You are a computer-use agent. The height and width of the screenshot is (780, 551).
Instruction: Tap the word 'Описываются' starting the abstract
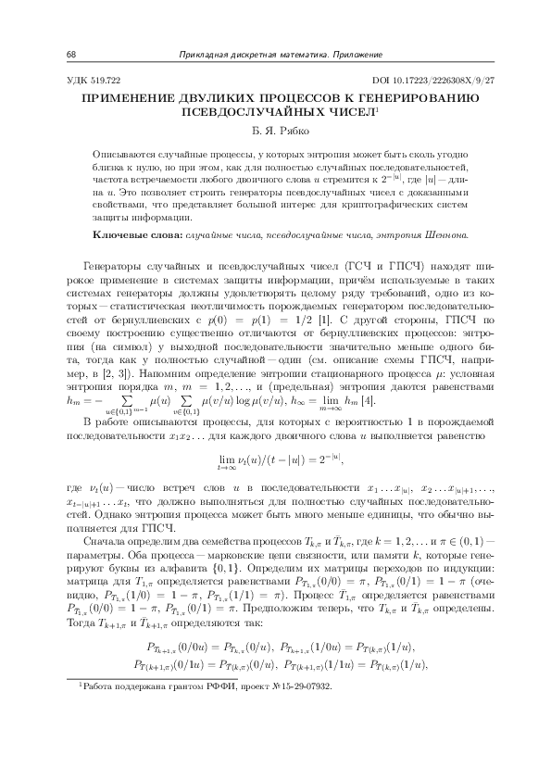coord(124,151)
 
